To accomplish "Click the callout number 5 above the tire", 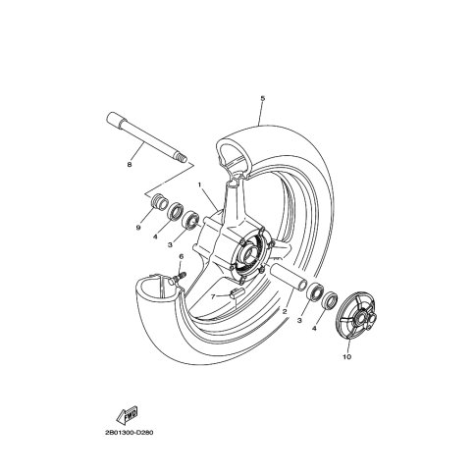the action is click(x=263, y=98).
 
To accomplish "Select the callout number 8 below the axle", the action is click(x=130, y=165).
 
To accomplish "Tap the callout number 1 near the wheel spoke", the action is click(x=199, y=185).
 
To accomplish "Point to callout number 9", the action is click(x=138, y=228).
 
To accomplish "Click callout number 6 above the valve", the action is click(x=181, y=257).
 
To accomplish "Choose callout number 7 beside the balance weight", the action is click(x=213, y=296).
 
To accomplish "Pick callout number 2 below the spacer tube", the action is click(x=285, y=312).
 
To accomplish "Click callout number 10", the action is click(x=347, y=356).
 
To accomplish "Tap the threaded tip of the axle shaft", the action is click(x=183, y=159).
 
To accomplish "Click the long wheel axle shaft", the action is click(x=146, y=137).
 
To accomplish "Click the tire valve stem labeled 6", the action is click(x=178, y=278).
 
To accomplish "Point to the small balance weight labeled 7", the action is click(x=237, y=292).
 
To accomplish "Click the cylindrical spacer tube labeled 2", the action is click(x=289, y=277).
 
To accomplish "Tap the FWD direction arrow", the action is click(x=127, y=415).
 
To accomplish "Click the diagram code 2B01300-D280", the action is click(x=130, y=433).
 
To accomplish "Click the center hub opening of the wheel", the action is click(x=249, y=251).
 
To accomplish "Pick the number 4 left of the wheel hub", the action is click(x=155, y=237).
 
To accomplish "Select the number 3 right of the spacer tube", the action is click(x=299, y=321).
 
